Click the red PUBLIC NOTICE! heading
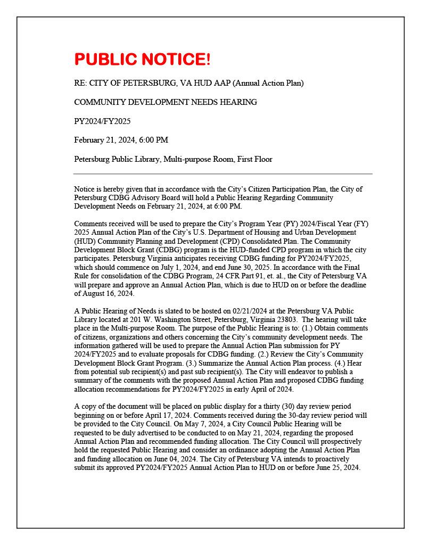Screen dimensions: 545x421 (x=143, y=60)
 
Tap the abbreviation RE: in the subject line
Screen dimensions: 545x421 (x=80, y=83)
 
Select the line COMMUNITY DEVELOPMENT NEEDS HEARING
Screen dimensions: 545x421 (x=166, y=102)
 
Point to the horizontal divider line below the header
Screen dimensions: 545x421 (x=222, y=174)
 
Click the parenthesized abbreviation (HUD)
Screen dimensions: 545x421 (x=84, y=241)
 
